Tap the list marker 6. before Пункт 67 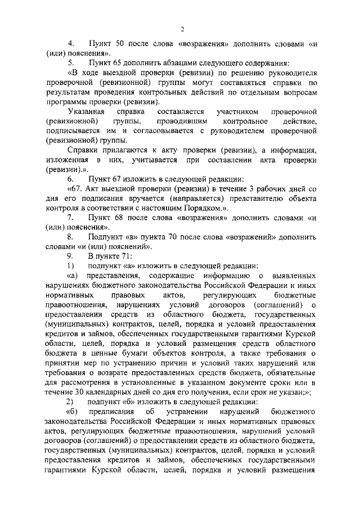[71, 178]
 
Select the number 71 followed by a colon [125, 256]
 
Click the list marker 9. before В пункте [71, 256]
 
